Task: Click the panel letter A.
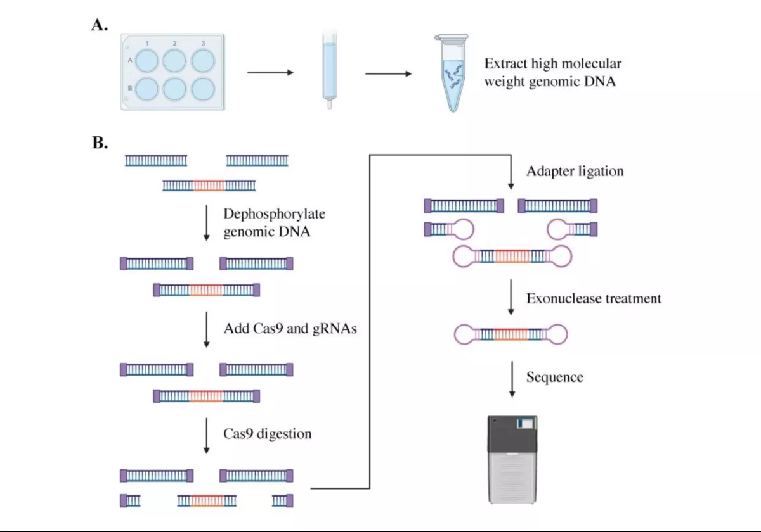point(100,25)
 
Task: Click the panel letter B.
point(100,142)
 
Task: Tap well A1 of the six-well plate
point(146,61)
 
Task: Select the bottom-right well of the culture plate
point(203,89)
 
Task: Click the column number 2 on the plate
point(174,44)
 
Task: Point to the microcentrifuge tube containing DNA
point(452,73)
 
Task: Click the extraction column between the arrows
point(330,70)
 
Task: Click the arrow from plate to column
point(270,72)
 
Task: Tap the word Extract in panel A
point(505,63)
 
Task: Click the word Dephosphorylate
point(274,214)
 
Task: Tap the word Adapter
point(549,172)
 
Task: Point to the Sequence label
point(555,377)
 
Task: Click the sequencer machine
point(512,459)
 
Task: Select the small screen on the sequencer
point(525,424)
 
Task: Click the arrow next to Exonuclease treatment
point(511,297)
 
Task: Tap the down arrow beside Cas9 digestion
point(206,436)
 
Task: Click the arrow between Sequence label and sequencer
point(512,379)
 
